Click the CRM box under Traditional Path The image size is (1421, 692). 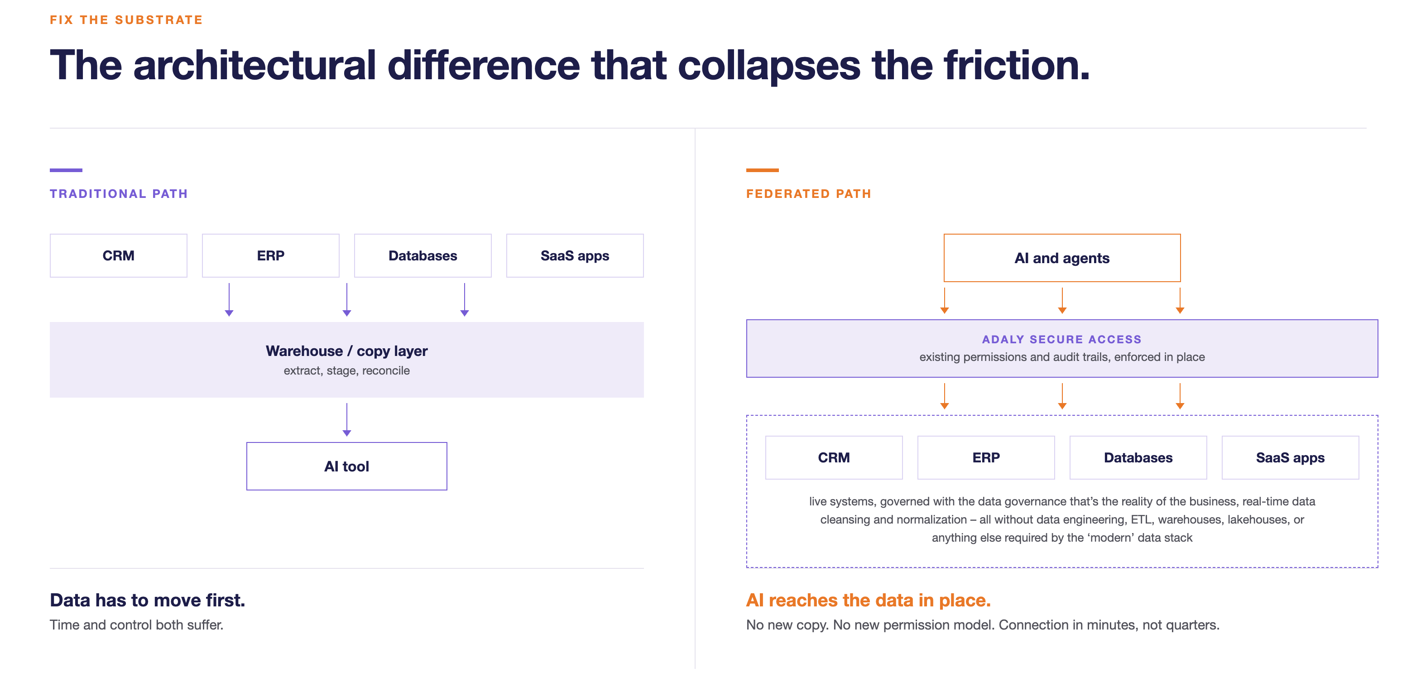point(119,255)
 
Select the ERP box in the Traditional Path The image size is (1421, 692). point(271,255)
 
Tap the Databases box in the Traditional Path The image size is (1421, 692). point(423,255)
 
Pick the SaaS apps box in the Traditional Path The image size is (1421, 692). point(575,255)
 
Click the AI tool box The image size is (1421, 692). point(347,466)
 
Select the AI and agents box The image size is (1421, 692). point(1062,258)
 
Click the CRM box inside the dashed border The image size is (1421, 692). point(834,457)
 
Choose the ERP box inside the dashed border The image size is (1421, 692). point(986,457)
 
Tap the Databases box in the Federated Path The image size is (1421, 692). point(1138,457)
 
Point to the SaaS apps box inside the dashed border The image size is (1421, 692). point(1290,457)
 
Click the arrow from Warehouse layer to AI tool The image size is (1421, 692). point(347,420)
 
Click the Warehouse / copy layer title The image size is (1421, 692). point(347,351)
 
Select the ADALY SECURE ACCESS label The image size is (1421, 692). point(1062,339)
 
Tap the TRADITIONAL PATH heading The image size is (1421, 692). point(119,194)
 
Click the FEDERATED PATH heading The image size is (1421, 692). point(809,194)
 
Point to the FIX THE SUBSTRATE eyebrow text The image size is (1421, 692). point(126,20)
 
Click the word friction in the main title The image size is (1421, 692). point(1017,65)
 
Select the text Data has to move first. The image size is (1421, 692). point(147,600)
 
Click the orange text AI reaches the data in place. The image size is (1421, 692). point(868,600)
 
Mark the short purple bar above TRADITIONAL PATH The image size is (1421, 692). point(66,170)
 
